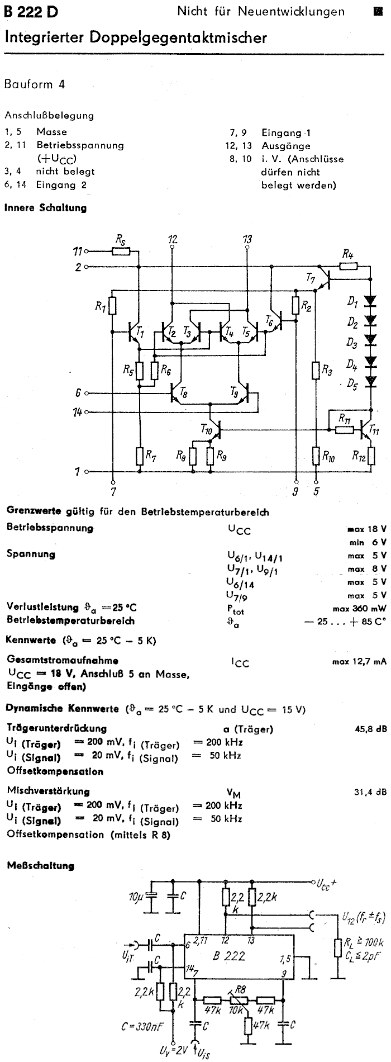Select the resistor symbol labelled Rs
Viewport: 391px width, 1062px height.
click(121, 252)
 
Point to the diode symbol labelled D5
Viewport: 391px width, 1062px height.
click(370, 382)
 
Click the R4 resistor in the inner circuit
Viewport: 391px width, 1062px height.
click(349, 267)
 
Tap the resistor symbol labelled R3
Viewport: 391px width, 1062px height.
click(316, 371)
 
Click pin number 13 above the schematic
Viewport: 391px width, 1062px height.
click(247, 239)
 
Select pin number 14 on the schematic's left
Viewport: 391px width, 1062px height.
click(78, 413)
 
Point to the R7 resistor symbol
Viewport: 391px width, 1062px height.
click(140, 456)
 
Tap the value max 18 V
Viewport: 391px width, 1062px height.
click(366, 529)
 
